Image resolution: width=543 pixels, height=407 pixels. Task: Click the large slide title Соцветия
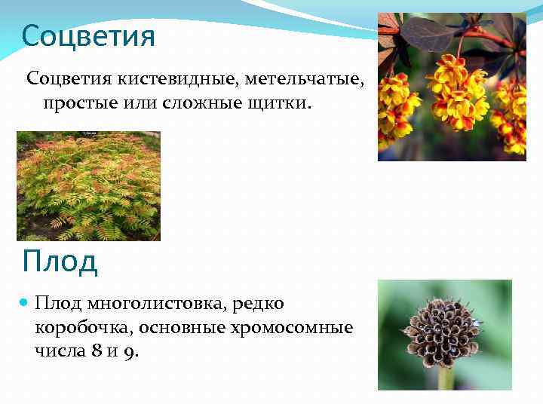(88, 36)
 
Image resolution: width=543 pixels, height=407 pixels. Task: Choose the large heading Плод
(60, 262)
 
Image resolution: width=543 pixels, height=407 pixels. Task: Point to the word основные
(178, 328)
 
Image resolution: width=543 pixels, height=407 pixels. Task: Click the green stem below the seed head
(446, 377)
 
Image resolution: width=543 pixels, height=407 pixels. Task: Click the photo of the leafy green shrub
(88, 185)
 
